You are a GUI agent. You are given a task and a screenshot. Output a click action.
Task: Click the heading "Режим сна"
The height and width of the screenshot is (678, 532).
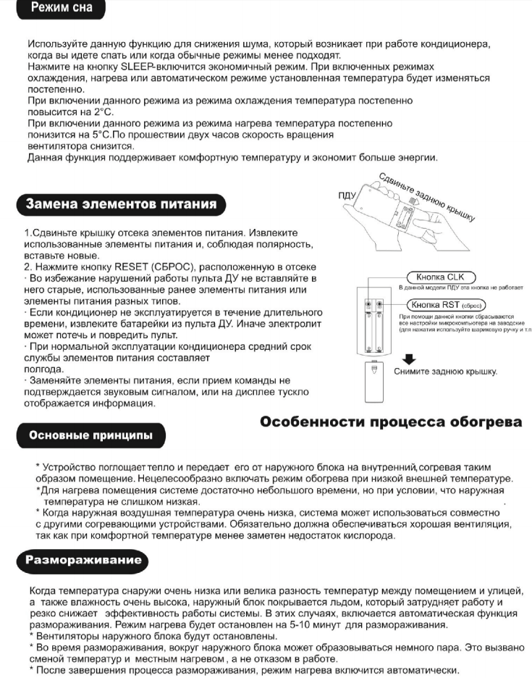click(x=57, y=10)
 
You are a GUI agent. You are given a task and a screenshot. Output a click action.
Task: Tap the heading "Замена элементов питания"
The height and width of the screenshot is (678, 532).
click(x=121, y=204)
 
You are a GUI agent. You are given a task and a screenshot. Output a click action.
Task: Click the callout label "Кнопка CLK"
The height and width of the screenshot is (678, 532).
click(x=440, y=277)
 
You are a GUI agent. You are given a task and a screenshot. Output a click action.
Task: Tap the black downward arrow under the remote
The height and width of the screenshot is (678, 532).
click(x=409, y=358)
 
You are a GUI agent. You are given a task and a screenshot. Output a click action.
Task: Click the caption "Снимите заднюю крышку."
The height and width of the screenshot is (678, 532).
click(x=445, y=372)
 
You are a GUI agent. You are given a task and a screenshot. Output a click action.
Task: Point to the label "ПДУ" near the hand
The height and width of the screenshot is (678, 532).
click(x=349, y=196)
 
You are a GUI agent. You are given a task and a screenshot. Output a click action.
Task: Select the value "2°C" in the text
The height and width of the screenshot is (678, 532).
click(x=104, y=112)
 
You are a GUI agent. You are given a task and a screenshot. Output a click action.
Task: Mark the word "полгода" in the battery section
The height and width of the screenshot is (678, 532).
click(x=44, y=369)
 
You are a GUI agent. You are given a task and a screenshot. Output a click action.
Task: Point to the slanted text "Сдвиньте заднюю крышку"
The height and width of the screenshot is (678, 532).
click(x=427, y=196)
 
